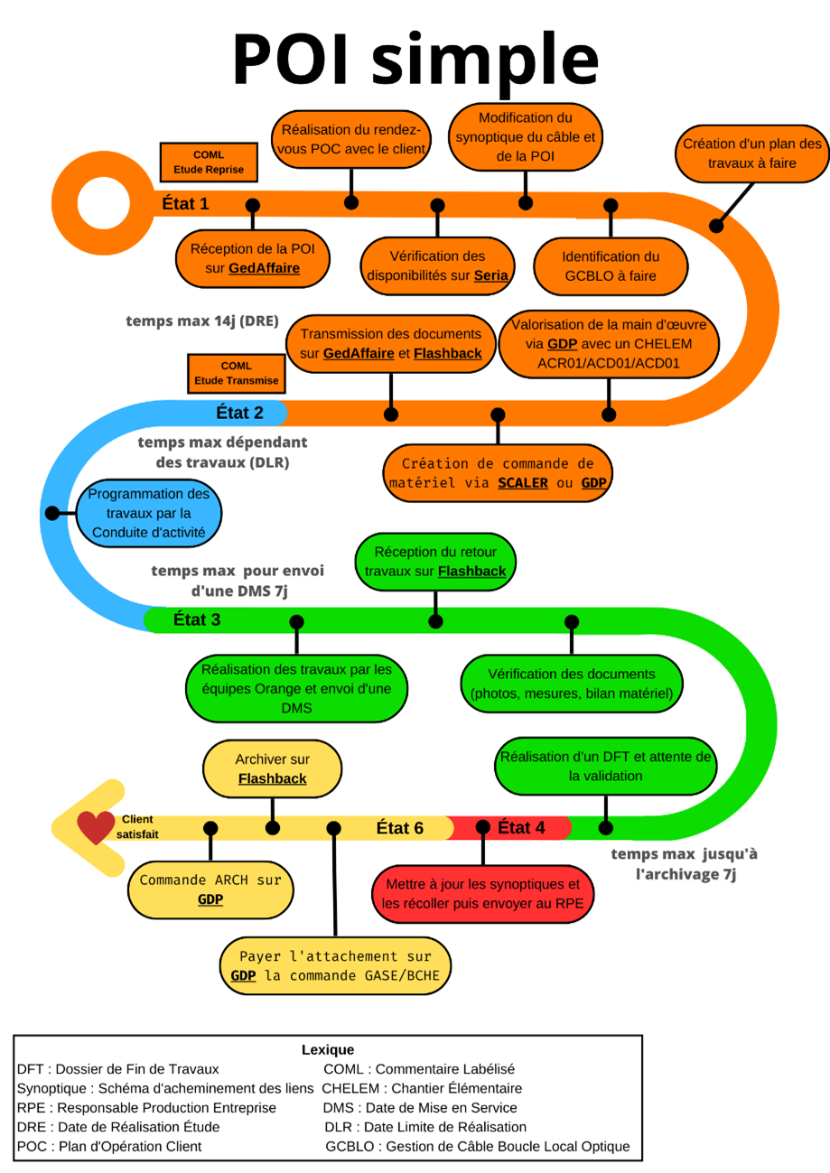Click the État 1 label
click(185, 203)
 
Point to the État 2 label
click(239, 413)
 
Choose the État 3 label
click(196, 619)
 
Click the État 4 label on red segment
click(521, 827)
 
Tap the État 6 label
click(399, 827)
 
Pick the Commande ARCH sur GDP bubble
click(210, 889)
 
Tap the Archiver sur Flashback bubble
click(272, 769)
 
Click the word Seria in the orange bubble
click(491, 275)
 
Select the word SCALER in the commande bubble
click(523, 483)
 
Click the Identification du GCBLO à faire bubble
click(611, 266)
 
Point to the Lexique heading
click(327, 1049)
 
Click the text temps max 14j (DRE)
click(201, 320)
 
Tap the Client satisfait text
click(136, 826)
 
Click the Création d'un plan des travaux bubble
click(751, 154)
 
